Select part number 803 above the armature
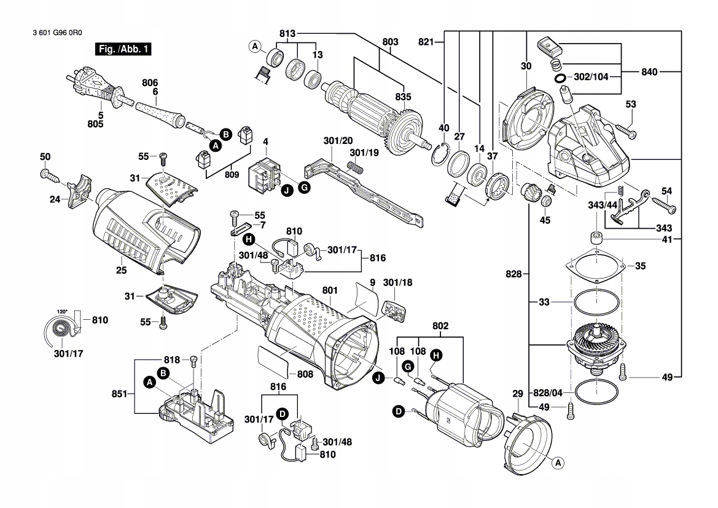pos(390,42)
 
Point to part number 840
pos(650,72)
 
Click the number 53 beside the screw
pos(631,104)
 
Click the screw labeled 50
pos(49,175)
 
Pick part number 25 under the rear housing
pos(121,270)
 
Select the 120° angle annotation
pos(61,312)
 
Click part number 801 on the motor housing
pos(330,290)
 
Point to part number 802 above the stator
pos(440,326)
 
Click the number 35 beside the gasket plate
pos(640,267)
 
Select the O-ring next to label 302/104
pos(560,79)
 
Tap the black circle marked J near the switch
pos(287,191)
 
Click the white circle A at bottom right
pos(558,462)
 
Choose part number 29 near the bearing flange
pos(517,394)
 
